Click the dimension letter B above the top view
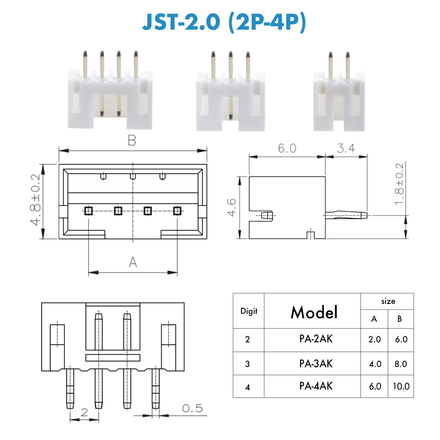pyautogui.click(x=132, y=141)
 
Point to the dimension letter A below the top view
pyautogui.click(x=133, y=262)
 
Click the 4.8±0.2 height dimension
pyautogui.click(x=35, y=200)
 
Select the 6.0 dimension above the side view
pyautogui.click(x=287, y=148)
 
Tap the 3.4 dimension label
pyautogui.click(x=346, y=148)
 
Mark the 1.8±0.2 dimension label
pyautogui.click(x=399, y=184)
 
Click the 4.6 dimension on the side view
pyautogui.click(x=232, y=207)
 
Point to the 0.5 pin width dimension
pyautogui.click(x=192, y=408)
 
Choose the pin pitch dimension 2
pyautogui.click(x=84, y=412)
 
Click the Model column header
pyautogui.click(x=314, y=312)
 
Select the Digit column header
pyautogui.click(x=249, y=311)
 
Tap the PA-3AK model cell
pyautogui.click(x=316, y=364)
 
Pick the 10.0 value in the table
pyautogui.click(x=401, y=386)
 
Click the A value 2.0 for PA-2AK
pyautogui.click(x=375, y=339)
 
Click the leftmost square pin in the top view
pyautogui.click(x=89, y=211)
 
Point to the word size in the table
pyautogui.click(x=388, y=301)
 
